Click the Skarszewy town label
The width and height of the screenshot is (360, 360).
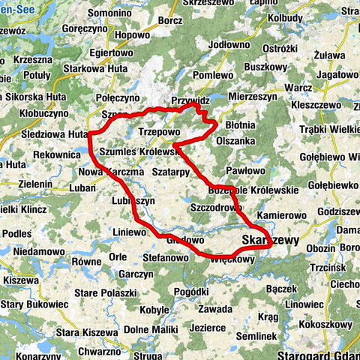pyautogui.click(x=271, y=240)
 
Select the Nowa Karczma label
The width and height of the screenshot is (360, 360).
pyautogui.click(x=111, y=171)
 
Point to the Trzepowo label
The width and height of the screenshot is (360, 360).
pyautogui.click(x=160, y=130)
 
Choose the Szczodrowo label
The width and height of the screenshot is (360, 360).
pyautogui.click(x=217, y=207)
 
